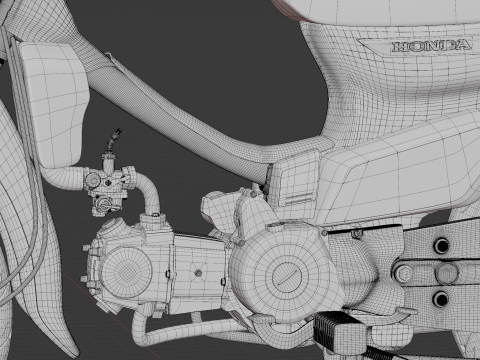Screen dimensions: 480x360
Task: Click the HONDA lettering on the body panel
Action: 432,46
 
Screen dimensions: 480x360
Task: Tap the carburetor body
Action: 107,187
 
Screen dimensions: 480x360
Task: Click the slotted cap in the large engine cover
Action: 287,276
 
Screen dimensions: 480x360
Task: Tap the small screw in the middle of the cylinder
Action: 198,273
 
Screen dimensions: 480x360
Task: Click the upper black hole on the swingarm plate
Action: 442,246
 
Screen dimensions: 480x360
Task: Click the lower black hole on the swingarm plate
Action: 441,299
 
